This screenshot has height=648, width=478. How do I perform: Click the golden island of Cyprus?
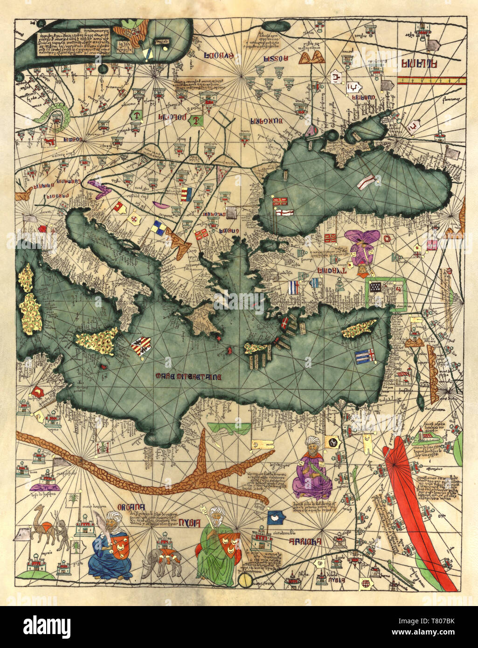[x=359, y=329]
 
